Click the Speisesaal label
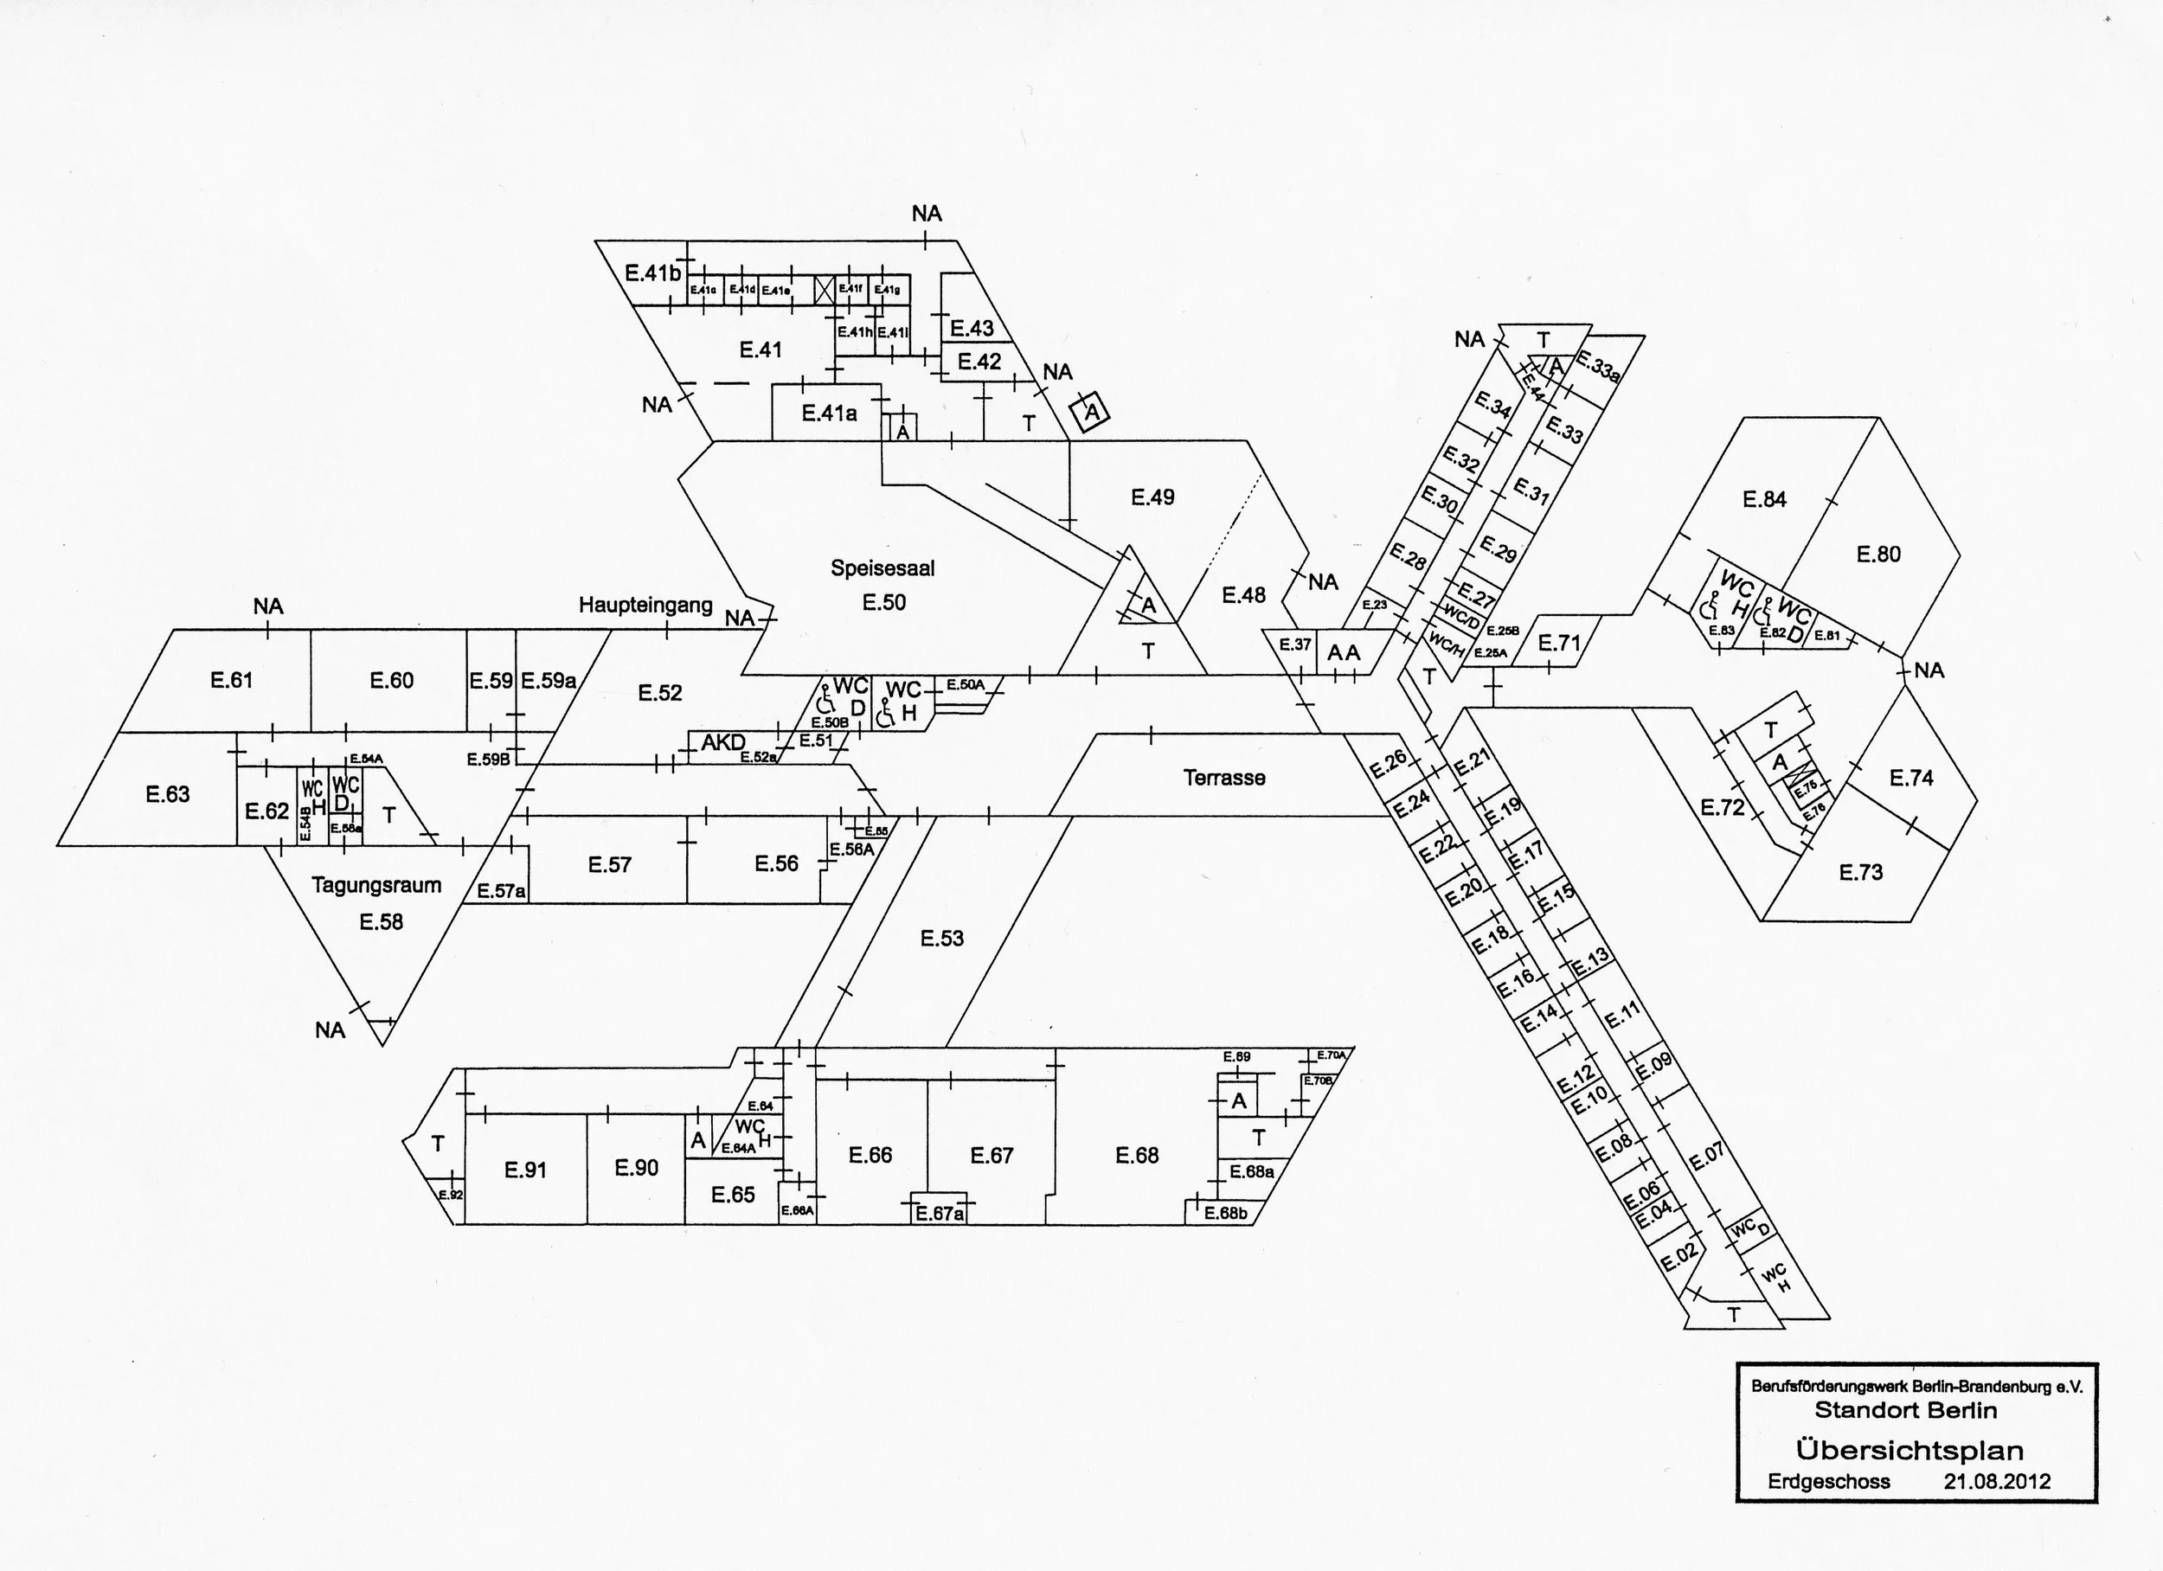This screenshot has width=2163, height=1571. pos(883,568)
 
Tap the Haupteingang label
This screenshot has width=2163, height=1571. pos(645,605)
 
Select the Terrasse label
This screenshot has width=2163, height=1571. pos(1224,778)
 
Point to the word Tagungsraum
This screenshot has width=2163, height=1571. pos(376,885)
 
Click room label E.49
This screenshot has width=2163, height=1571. pos(1153,497)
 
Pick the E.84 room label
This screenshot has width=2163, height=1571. pos(1764,499)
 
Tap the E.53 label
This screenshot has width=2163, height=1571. pos(942,939)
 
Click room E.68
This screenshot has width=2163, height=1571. pos(1137,1156)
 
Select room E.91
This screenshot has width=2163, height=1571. pos(525,1170)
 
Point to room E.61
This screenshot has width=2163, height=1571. pos(232,680)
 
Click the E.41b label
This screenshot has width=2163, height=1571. pos(653,273)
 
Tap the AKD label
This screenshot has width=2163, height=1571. pos(724,742)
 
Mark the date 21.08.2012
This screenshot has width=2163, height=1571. pos(1997,1481)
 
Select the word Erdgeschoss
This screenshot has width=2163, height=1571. pos(1828,1481)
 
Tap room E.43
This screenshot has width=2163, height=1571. pos(972,328)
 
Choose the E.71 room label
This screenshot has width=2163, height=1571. pos(1560,643)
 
